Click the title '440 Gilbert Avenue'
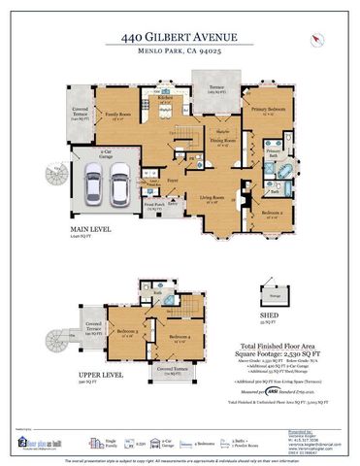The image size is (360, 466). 179,36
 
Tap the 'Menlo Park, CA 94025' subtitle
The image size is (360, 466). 179,52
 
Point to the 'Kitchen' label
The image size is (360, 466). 164,98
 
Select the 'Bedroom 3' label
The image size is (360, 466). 127,332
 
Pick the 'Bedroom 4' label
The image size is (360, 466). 180,339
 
